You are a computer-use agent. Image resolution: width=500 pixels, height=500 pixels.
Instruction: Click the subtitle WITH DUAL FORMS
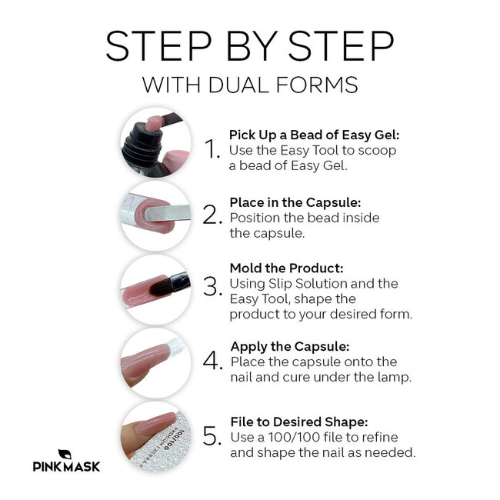coord(250,84)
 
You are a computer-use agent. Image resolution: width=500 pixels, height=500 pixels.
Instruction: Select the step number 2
coord(212,215)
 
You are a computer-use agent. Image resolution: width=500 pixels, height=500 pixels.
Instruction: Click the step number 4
coord(213,362)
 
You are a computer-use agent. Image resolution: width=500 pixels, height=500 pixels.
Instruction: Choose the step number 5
coord(212,437)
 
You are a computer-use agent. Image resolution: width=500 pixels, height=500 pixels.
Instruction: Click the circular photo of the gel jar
coord(155,142)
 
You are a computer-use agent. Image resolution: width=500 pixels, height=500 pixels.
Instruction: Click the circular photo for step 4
coord(155,362)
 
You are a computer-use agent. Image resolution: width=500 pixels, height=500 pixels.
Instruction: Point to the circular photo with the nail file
coord(155,435)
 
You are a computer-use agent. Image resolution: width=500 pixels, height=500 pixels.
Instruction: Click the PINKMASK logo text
coord(66,466)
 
